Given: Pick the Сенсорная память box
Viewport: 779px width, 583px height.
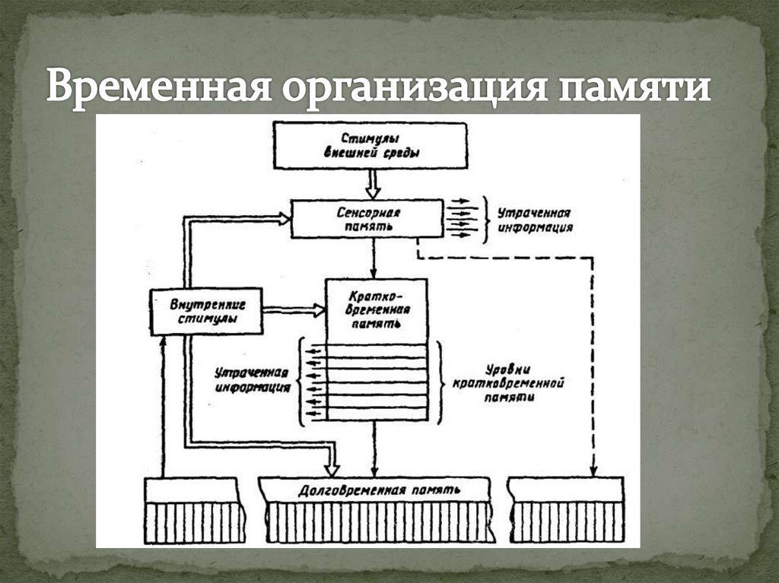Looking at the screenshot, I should [x=367, y=219].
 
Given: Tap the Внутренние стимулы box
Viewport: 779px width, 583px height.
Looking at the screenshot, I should [x=206, y=311].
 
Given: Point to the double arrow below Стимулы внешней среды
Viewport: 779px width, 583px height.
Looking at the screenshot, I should [x=373, y=183].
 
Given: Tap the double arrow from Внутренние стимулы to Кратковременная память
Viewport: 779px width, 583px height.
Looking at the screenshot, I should [x=293, y=310].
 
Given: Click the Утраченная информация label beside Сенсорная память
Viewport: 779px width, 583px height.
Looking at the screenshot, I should [x=534, y=220].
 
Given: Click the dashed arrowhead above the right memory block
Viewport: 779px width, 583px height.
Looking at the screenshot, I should [x=593, y=468].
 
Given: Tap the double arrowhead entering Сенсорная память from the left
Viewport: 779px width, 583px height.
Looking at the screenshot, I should [x=283, y=219].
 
